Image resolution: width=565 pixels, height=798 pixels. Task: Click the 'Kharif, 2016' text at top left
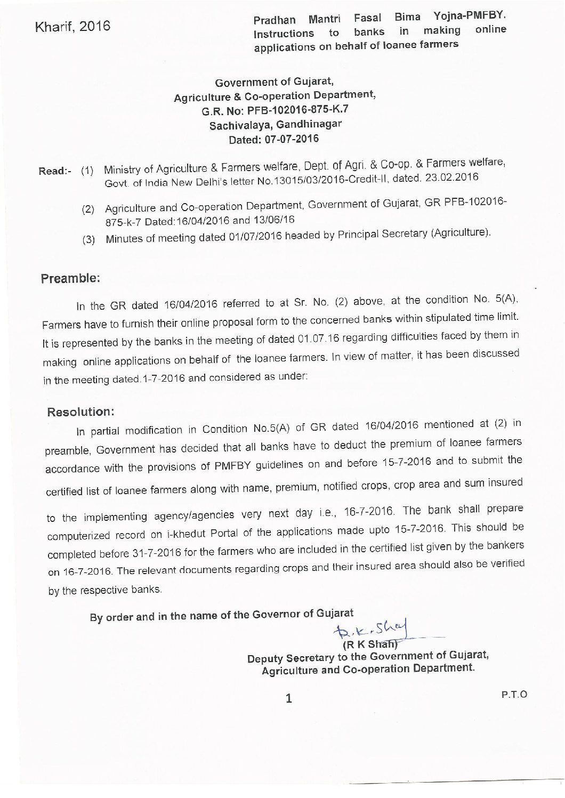coord(72,26)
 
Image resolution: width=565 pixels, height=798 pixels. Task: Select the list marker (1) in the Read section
coord(87,172)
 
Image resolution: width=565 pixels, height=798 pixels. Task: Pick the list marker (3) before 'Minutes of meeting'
coord(88,240)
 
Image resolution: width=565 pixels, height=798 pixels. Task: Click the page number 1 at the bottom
coord(289,698)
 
